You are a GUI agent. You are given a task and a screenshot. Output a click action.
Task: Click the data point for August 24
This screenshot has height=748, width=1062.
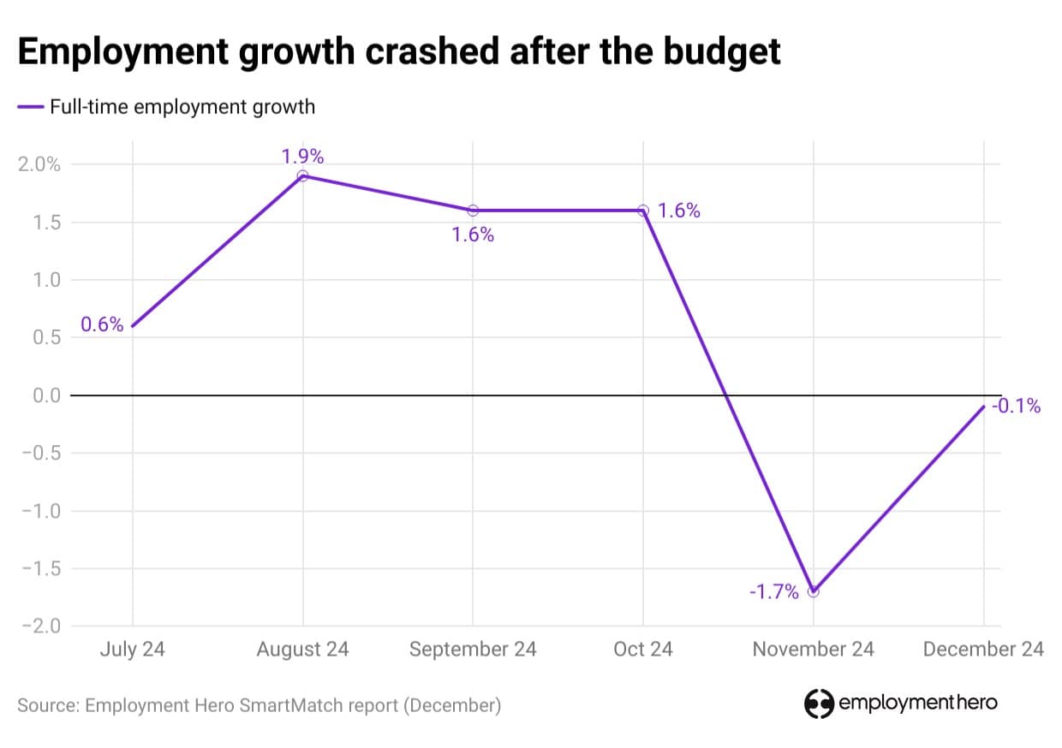(x=302, y=176)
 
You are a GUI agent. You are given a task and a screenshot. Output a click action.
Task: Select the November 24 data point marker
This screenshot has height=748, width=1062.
(x=814, y=591)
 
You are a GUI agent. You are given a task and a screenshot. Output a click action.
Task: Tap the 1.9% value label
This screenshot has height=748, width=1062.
(x=302, y=157)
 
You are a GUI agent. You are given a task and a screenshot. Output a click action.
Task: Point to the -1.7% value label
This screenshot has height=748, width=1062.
(x=773, y=591)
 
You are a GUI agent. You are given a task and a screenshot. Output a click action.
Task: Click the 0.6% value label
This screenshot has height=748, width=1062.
(x=102, y=325)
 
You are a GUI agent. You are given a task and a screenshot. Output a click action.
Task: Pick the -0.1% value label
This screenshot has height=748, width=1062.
(x=1016, y=407)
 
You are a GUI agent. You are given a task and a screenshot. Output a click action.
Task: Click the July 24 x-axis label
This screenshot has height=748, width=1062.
(x=132, y=650)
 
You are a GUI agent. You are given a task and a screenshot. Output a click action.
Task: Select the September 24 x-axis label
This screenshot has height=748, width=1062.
(x=473, y=650)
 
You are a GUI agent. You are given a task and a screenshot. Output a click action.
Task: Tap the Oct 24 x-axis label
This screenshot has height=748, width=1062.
(x=643, y=650)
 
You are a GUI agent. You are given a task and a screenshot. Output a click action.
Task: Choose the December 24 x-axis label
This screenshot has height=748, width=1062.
(x=983, y=650)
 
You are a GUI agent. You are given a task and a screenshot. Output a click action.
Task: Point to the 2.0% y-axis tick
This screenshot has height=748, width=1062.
(x=39, y=165)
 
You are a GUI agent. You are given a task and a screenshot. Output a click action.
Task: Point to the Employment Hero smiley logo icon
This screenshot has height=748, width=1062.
(x=819, y=703)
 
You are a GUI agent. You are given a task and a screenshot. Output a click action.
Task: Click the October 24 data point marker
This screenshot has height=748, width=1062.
(x=643, y=211)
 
